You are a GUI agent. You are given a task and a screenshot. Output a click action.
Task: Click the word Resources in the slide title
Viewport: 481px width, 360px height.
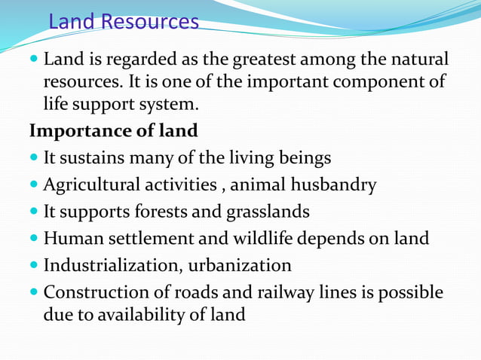tap(149, 21)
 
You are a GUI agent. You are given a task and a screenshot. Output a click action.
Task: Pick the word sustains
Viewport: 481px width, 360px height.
tap(104, 158)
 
